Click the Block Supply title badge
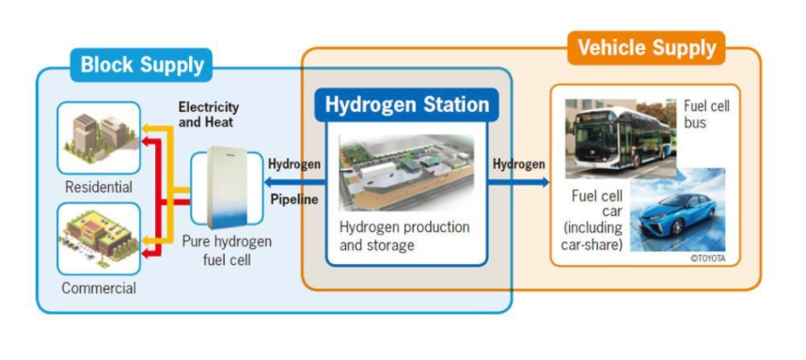(x=141, y=65)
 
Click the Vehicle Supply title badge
(x=645, y=47)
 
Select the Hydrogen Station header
(x=406, y=104)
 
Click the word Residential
(x=99, y=187)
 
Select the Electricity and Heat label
(x=209, y=114)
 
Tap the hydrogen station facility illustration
(x=406, y=175)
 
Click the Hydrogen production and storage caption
(x=405, y=235)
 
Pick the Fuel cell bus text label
(x=708, y=114)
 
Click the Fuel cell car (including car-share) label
(x=596, y=218)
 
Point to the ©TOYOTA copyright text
(x=707, y=258)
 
